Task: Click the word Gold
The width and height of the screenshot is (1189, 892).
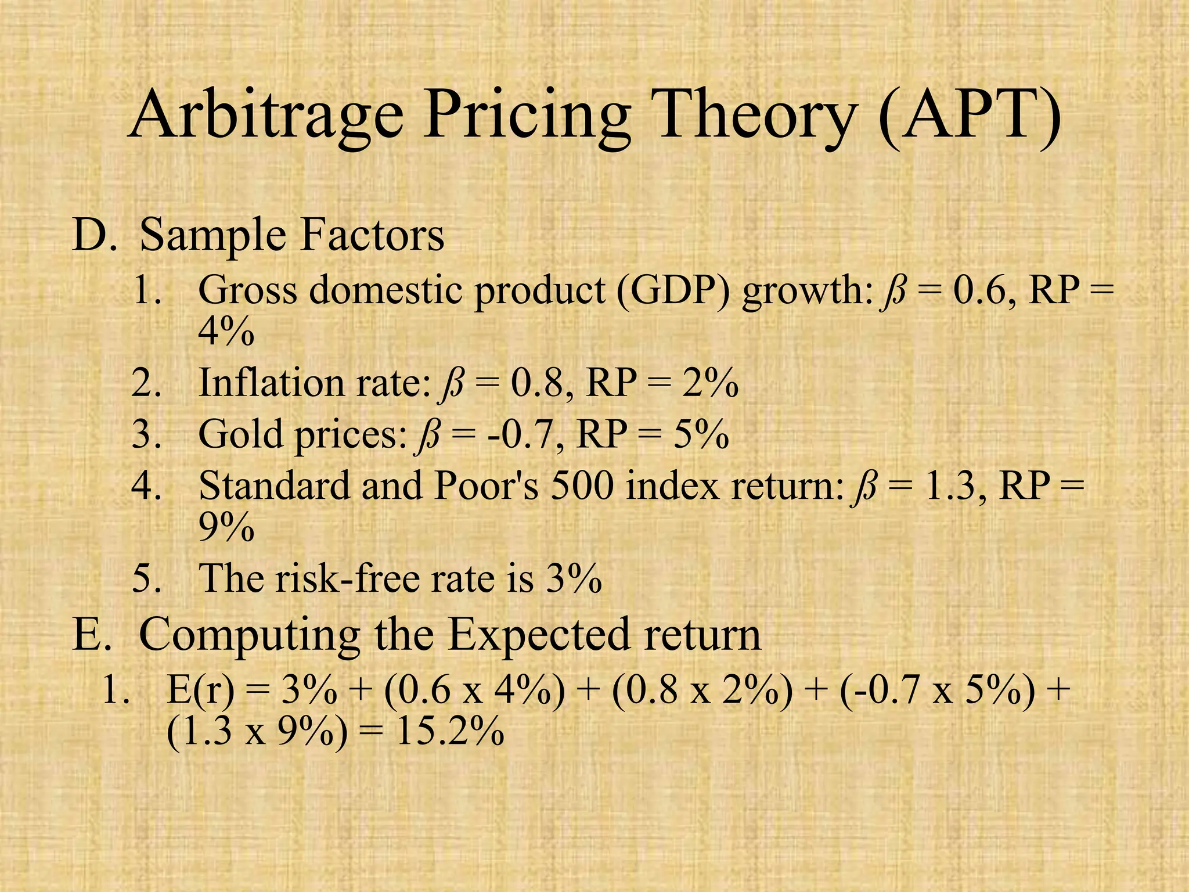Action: (x=240, y=434)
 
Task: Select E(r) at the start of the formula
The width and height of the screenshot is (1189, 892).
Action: (x=200, y=691)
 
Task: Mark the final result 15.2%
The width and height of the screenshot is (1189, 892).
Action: (x=449, y=733)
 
